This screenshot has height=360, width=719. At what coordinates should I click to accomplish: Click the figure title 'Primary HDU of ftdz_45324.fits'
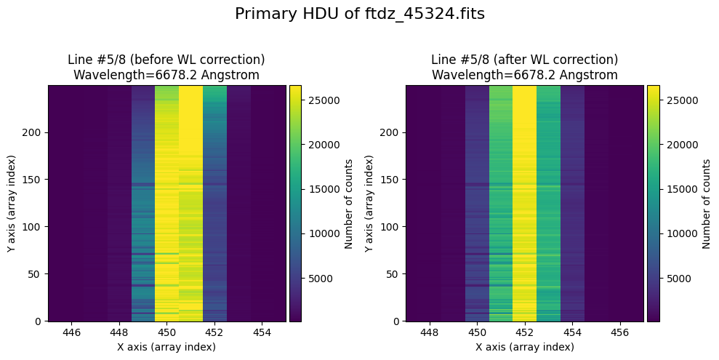[x=359, y=14]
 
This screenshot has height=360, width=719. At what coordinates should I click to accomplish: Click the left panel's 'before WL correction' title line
[x=166, y=60]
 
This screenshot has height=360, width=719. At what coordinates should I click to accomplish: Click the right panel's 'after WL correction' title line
[x=524, y=60]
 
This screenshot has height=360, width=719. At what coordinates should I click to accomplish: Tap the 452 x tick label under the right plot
[x=524, y=332]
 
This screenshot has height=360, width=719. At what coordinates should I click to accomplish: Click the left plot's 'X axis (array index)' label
[x=166, y=347]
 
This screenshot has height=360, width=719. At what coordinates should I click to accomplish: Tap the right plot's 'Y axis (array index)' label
[x=369, y=203]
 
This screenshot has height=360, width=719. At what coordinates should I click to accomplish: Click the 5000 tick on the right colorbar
[x=676, y=279]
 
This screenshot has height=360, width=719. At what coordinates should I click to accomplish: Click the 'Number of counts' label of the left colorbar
[x=349, y=203]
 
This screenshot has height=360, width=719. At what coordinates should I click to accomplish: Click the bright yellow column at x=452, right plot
[x=524, y=203]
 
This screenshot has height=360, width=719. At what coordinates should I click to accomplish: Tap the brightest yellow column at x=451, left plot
[x=190, y=203]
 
